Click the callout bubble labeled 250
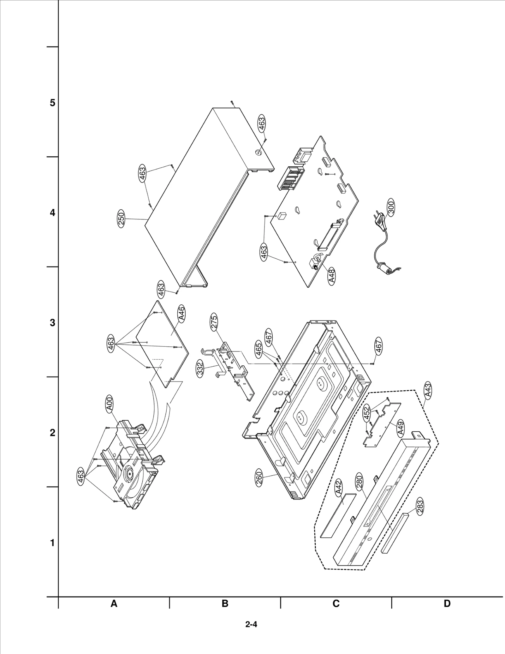tap(121, 219)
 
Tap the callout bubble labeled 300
tap(391, 207)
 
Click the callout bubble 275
tap(214, 322)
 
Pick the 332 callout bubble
tap(200, 369)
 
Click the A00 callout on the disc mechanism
tap(110, 405)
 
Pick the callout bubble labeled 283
tap(420, 507)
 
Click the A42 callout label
tap(338, 487)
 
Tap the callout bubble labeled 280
tap(359, 482)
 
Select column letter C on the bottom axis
tap(336, 603)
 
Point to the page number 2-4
tap(251, 624)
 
